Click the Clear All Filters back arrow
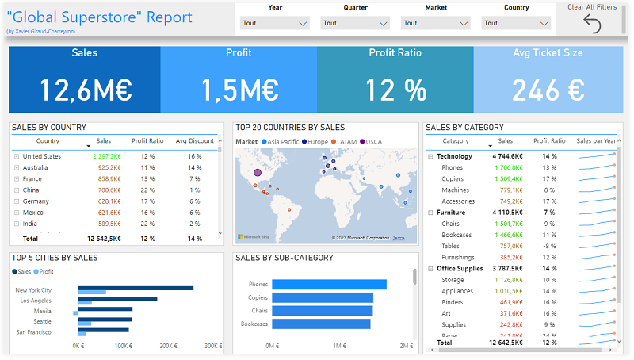[592, 24]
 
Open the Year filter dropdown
[275, 23]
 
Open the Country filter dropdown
[517, 23]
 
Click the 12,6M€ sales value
[85, 90]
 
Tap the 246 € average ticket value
[547, 90]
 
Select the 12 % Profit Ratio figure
[395, 90]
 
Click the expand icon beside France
[17, 179]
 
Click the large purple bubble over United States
[257, 172]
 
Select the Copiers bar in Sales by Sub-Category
[322, 297]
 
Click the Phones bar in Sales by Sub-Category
[328, 285]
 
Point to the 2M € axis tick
[406, 346]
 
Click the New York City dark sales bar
[136, 288]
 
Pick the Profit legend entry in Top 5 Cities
[46, 271]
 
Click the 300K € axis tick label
[212, 346]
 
